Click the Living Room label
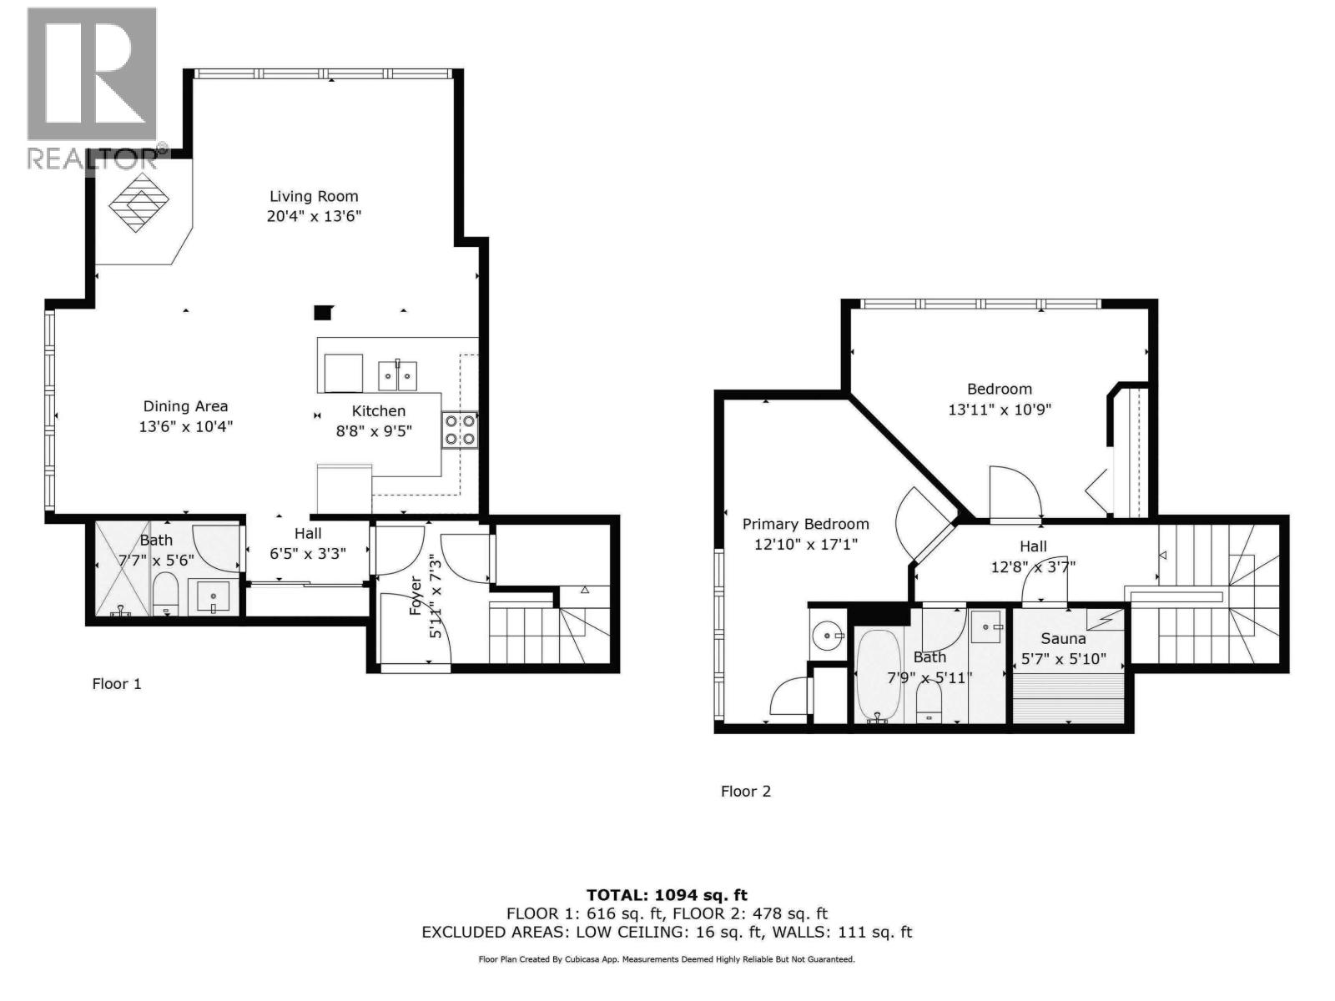point(314,196)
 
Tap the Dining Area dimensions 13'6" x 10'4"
point(186,426)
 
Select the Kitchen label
point(378,411)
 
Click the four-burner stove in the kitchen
point(460,430)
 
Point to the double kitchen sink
point(398,375)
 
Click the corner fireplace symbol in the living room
point(139,202)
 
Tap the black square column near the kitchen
point(322,312)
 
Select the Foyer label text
point(416,596)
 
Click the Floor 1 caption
point(117,684)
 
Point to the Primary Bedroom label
point(806,524)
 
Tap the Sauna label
point(1063,639)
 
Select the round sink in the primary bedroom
point(827,636)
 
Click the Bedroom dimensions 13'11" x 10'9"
point(1000,410)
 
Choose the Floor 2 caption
point(746,792)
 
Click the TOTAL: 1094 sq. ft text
point(667,895)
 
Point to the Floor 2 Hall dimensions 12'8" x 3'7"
point(1033,567)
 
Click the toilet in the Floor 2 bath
point(928,703)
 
